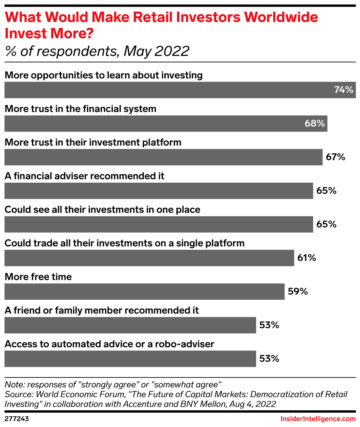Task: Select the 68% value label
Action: (314, 124)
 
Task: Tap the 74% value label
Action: (344, 90)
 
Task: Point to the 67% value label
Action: (336, 157)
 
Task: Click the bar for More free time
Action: (144, 292)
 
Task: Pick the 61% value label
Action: (307, 258)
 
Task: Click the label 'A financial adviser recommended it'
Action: (84, 176)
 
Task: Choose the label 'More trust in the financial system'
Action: (80, 109)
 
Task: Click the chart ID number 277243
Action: (17, 419)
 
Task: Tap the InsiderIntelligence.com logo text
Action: (318, 419)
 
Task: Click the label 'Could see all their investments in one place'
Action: (102, 210)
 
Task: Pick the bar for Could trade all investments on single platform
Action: (149, 258)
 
